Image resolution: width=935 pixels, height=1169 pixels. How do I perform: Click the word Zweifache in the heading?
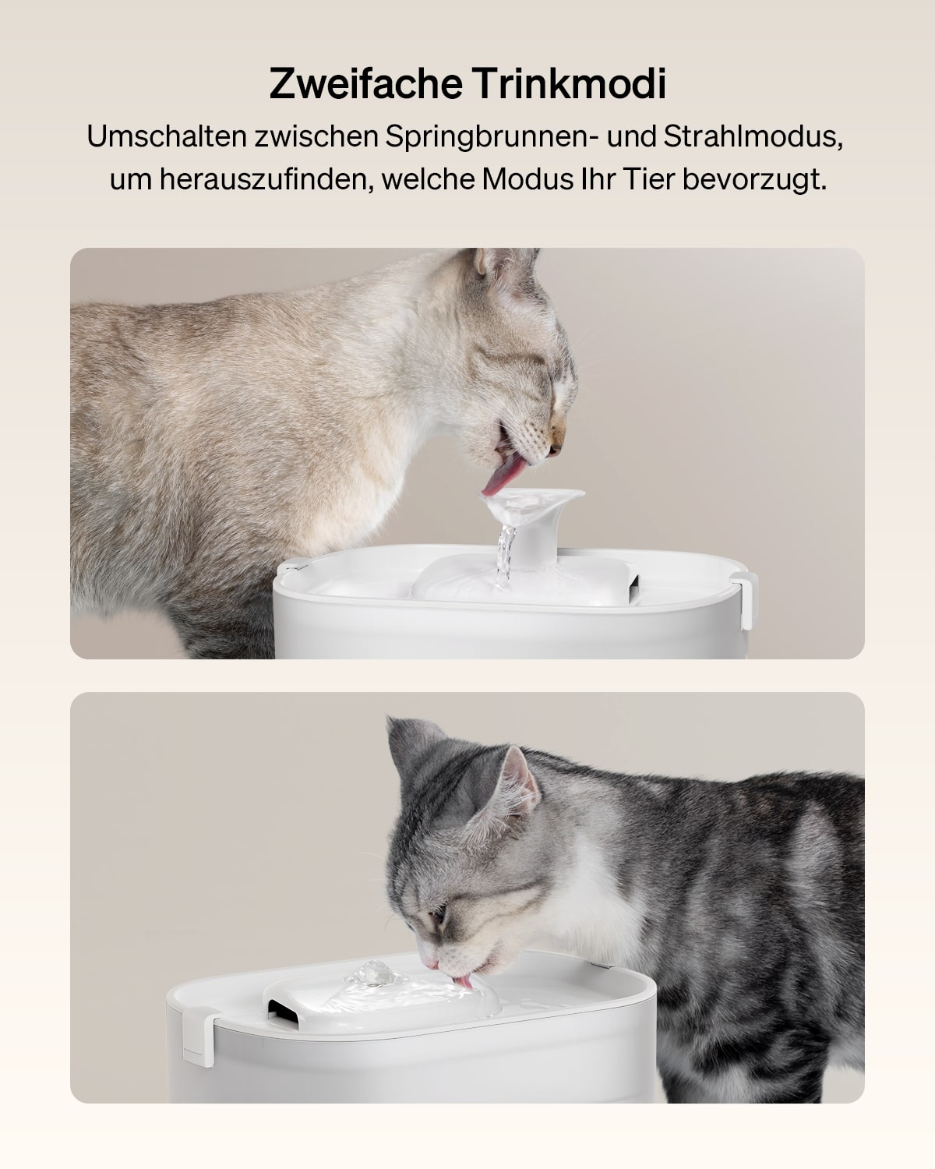[365, 83]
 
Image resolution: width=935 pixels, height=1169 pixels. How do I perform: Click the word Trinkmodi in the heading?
[568, 83]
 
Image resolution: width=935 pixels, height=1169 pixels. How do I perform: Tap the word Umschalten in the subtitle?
[167, 136]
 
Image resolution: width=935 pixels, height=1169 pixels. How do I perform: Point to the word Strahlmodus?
[753, 136]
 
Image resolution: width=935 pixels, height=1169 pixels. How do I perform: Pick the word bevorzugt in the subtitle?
[754, 180]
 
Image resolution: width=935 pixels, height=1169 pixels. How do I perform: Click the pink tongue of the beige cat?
[504, 477]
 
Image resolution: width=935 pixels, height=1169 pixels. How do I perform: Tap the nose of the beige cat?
[556, 449]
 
